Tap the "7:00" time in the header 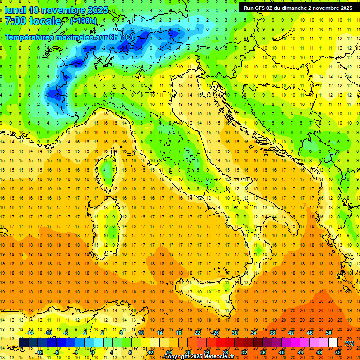tap(15, 21)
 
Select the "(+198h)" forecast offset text tap(83, 21)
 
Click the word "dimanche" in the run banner tap(295, 8)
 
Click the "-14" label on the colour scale tap(30, 333)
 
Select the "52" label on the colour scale tap(338, 352)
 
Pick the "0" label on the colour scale tap(93, 352)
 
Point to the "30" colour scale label tap(235, 333)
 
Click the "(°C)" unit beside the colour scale tap(349, 343)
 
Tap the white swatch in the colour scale tap(333, 343)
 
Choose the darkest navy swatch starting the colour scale tap(23, 343)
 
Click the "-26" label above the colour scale tap(216, 333)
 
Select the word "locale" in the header tap(45, 21)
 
